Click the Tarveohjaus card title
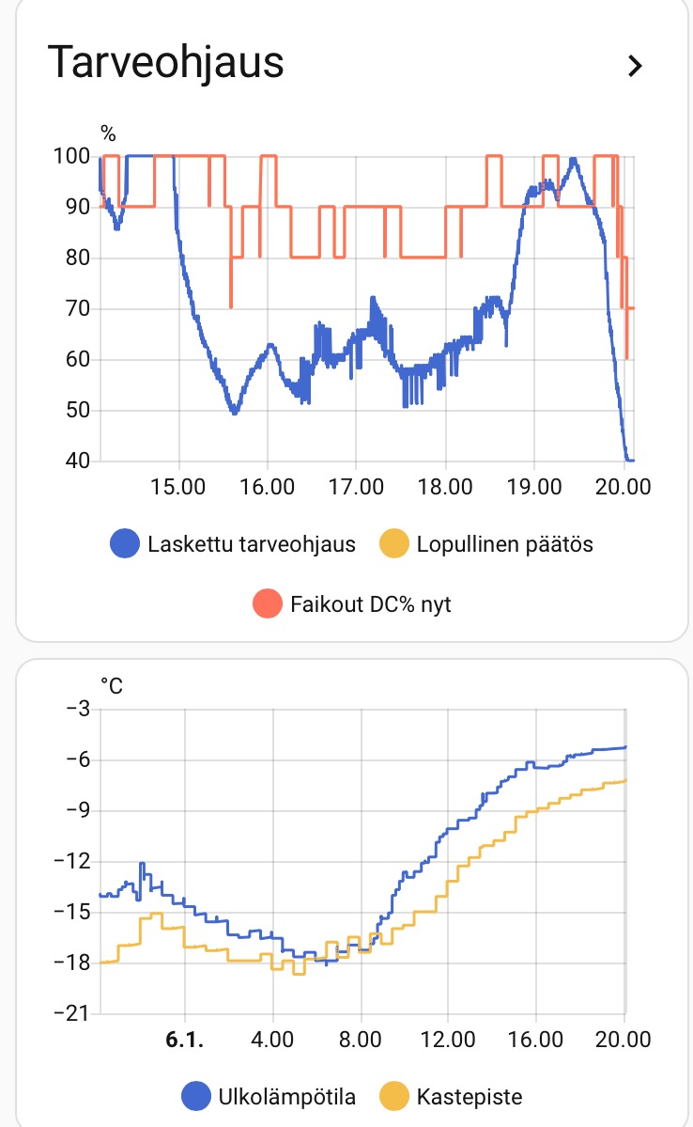165,63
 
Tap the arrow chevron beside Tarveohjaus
636,66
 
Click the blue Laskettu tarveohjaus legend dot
125,544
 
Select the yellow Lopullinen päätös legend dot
393,544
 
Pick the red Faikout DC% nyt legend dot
268,603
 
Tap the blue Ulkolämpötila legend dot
196,1096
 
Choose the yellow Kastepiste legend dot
393,1096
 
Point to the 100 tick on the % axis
71,156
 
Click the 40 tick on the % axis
76,461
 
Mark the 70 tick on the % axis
76,308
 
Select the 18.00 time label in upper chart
445,488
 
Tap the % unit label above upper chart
108,133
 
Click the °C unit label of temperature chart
111,686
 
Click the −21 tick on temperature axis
67,1013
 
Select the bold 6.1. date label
184,1041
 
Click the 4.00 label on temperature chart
272,1041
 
